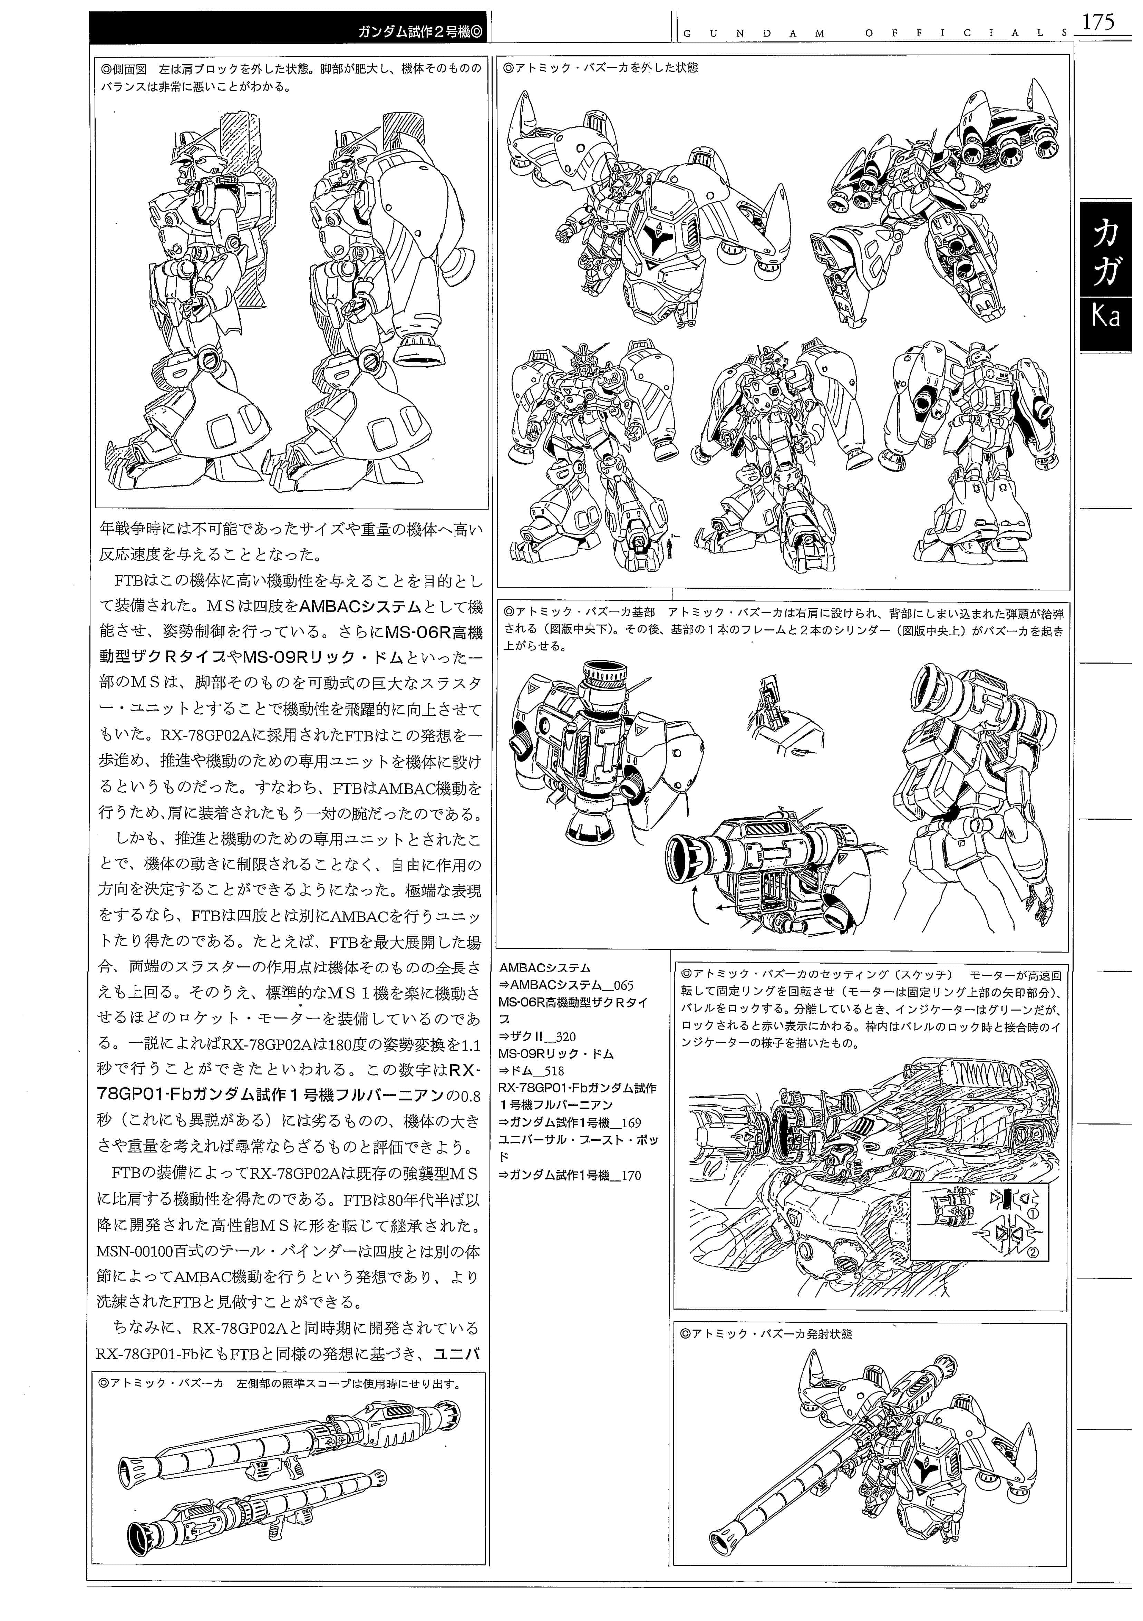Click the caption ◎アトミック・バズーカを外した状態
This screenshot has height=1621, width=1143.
pos(600,68)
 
